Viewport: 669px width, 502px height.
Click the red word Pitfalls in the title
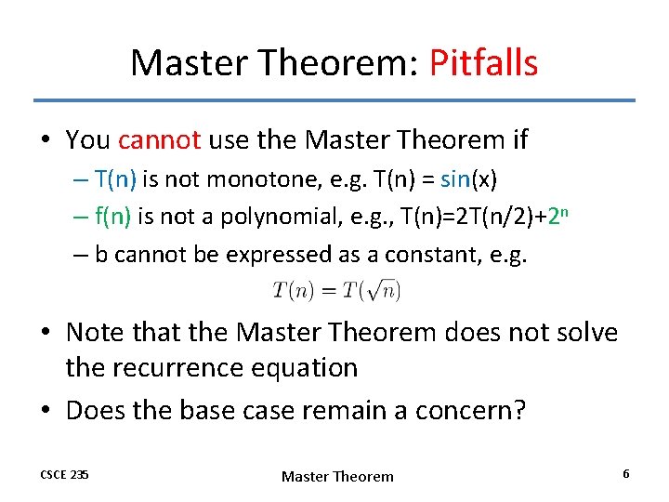tap(483, 63)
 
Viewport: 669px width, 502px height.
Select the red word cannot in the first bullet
tap(160, 140)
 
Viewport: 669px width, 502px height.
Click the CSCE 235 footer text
tap(64, 475)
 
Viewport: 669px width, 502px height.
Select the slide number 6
tap(626, 474)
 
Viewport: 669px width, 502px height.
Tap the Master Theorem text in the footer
tap(337, 476)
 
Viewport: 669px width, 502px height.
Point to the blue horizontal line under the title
tap(334, 100)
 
